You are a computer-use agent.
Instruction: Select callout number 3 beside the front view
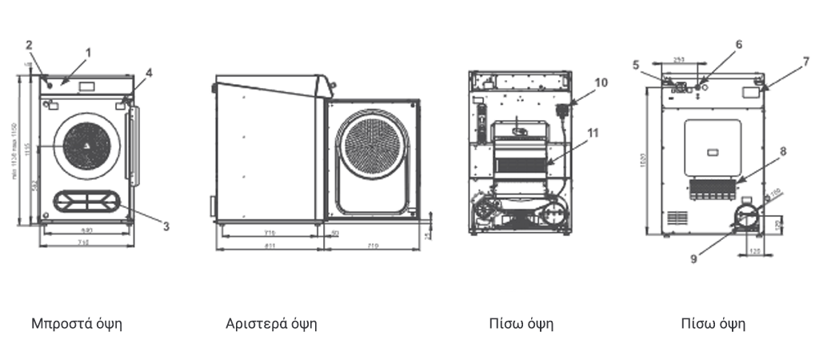click(x=166, y=226)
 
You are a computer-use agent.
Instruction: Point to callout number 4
click(x=149, y=72)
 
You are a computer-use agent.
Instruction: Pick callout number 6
click(x=738, y=44)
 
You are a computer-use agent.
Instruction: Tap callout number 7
click(x=806, y=61)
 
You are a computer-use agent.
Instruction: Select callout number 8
click(x=783, y=150)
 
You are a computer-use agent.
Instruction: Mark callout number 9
click(x=694, y=258)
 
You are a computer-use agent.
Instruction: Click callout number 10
click(x=601, y=82)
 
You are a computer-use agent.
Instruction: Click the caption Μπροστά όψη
click(x=76, y=324)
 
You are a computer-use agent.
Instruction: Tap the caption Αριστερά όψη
click(x=271, y=324)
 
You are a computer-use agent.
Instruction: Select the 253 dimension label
click(x=678, y=60)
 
